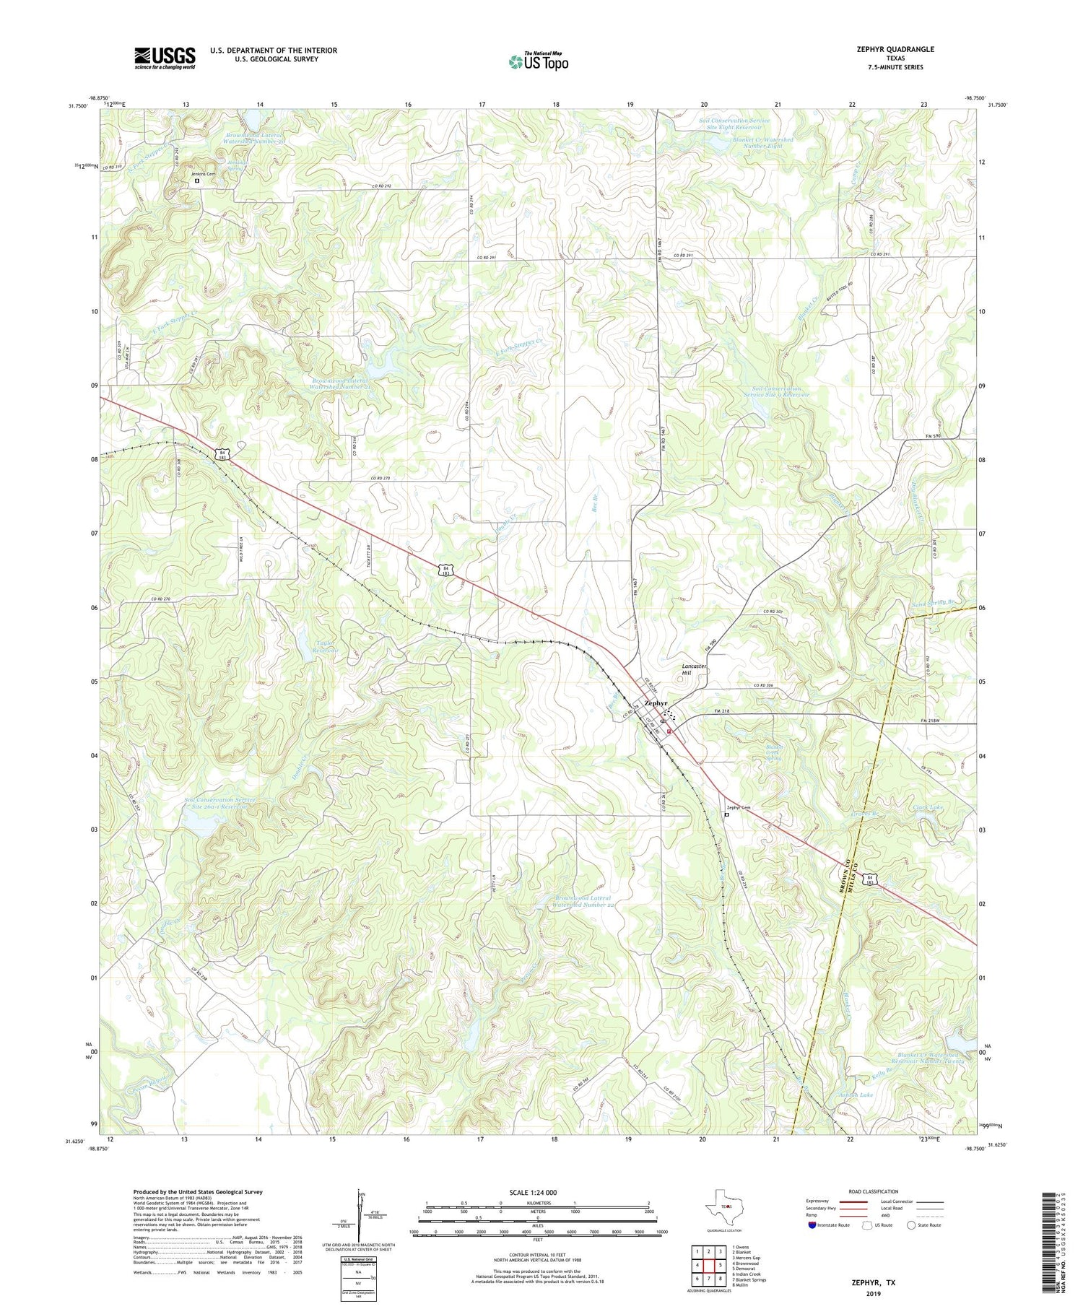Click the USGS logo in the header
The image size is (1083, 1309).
click(x=165, y=58)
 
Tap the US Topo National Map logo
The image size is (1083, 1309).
click(x=538, y=61)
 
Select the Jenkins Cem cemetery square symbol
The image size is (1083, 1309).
click(x=196, y=182)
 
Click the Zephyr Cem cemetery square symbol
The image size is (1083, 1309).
click(x=726, y=814)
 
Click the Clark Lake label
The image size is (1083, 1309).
click(x=928, y=807)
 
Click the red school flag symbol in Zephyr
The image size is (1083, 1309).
click(x=670, y=731)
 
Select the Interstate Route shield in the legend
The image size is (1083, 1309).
click(x=813, y=1225)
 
